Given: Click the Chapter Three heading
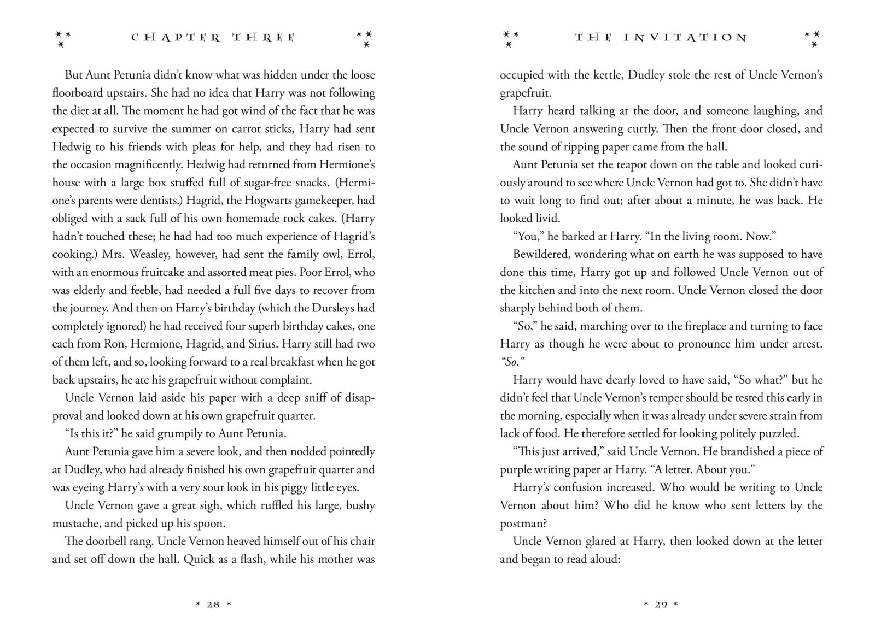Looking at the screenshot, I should pos(213,38).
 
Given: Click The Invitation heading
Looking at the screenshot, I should pos(661,38).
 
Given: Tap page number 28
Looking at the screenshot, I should pos(213,604).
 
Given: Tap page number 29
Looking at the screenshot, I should pos(661,604).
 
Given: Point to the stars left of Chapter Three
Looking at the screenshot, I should pos(62,38).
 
